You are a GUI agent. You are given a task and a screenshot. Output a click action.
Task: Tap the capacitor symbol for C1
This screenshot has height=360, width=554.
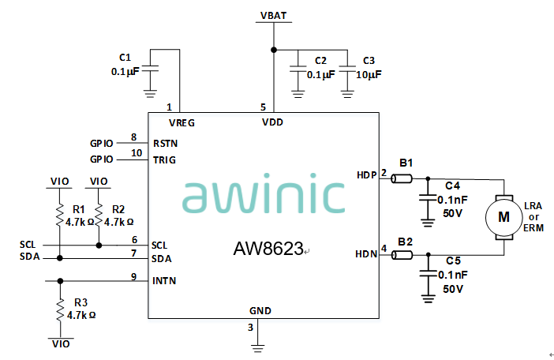pyautogui.click(x=150, y=69)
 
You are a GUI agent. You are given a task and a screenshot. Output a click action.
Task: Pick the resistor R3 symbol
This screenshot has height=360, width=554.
pyautogui.click(x=59, y=310)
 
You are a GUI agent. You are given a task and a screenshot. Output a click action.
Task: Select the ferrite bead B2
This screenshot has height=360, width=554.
pyautogui.click(x=402, y=254)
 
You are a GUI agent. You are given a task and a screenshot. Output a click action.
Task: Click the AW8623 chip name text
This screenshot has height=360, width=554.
pyautogui.click(x=268, y=249)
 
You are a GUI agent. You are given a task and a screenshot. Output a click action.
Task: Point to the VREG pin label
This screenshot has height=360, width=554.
pyautogui.click(x=182, y=122)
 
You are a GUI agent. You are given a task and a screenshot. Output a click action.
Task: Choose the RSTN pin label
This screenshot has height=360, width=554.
pyautogui.click(x=165, y=144)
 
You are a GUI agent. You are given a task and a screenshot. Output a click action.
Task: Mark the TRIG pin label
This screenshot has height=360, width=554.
pyautogui.click(x=164, y=159)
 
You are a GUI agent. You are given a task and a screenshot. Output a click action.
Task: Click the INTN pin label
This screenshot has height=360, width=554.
pyautogui.click(x=164, y=280)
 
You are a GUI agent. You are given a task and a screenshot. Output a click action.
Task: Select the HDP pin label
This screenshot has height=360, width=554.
pyautogui.click(x=367, y=175)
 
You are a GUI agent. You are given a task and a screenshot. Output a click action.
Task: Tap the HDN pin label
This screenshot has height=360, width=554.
pyautogui.click(x=367, y=253)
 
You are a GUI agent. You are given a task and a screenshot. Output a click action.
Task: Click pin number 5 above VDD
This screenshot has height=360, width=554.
pyautogui.click(x=264, y=106)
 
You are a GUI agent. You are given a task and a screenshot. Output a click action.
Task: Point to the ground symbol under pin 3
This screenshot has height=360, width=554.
pyautogui.click(x=260, y=341)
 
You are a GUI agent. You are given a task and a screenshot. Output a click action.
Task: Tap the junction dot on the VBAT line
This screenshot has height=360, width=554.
pyautogui.click(x=274, y=50)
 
